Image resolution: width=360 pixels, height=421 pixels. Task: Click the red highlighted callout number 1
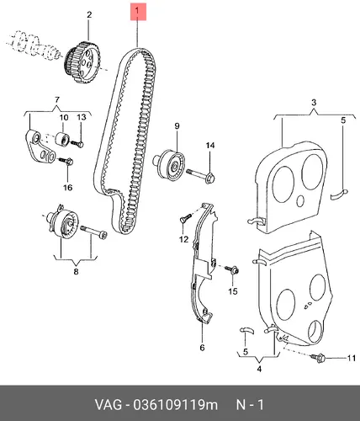click(x=137, y=11)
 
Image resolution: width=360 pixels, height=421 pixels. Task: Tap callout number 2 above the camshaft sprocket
click(x=89, y=14)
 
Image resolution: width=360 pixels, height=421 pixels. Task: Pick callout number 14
click(x=210, y=146)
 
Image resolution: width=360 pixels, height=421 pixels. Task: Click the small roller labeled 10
click(x=63, y=138)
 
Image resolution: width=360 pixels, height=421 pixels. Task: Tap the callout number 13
click(x=82, y=117)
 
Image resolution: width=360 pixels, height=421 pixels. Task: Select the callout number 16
click(x=67, y=187)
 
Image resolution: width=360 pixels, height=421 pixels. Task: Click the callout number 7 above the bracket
click(x=57, y=99)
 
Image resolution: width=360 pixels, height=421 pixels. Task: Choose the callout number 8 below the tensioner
click(x=76, y=271)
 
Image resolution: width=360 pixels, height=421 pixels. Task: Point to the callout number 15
click(x=233, y=291)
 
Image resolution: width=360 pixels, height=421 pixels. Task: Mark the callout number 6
click(x=202, y=348)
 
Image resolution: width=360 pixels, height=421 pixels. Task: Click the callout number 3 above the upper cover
click(x=314, y=103)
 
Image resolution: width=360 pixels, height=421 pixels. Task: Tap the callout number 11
click(x=352, y=358)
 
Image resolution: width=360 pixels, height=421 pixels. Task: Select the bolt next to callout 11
click(x=318, y=357)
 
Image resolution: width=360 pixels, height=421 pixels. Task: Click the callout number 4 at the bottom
click(x=259, y=369)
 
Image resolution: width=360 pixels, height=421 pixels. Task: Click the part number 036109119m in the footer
click(x=176, y=405)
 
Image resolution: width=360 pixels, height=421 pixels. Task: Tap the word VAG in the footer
click(x=109, y=405)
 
